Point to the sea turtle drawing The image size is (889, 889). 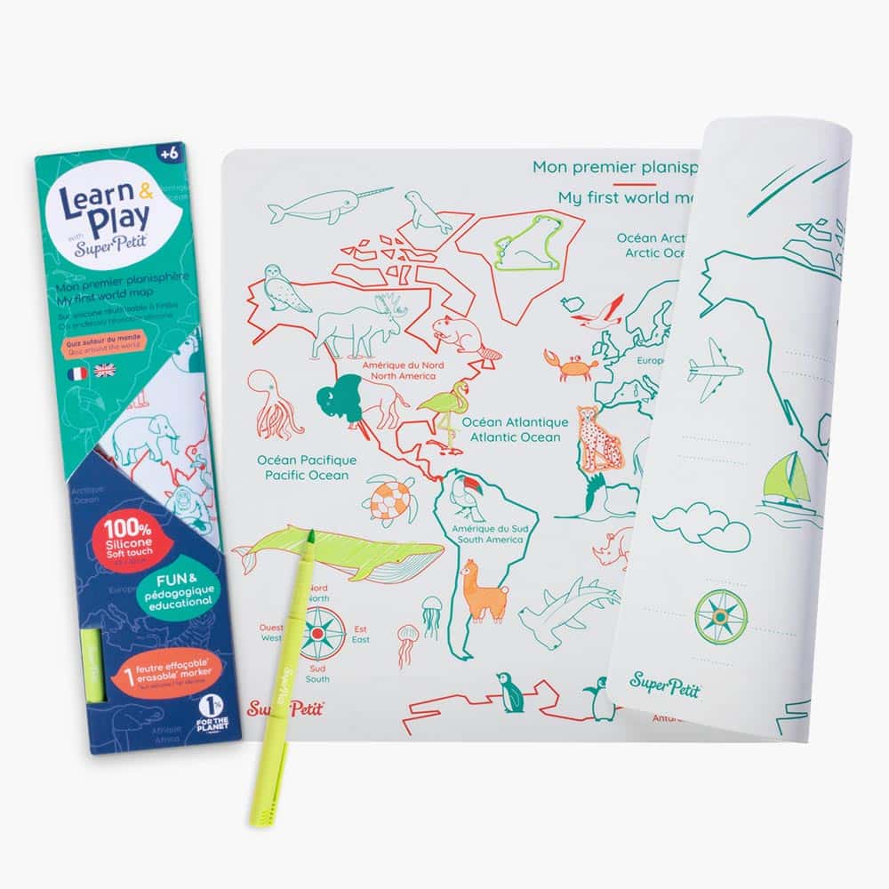point(391,500)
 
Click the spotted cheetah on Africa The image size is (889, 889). point(598,437)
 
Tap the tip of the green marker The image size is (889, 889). point(311,536)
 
